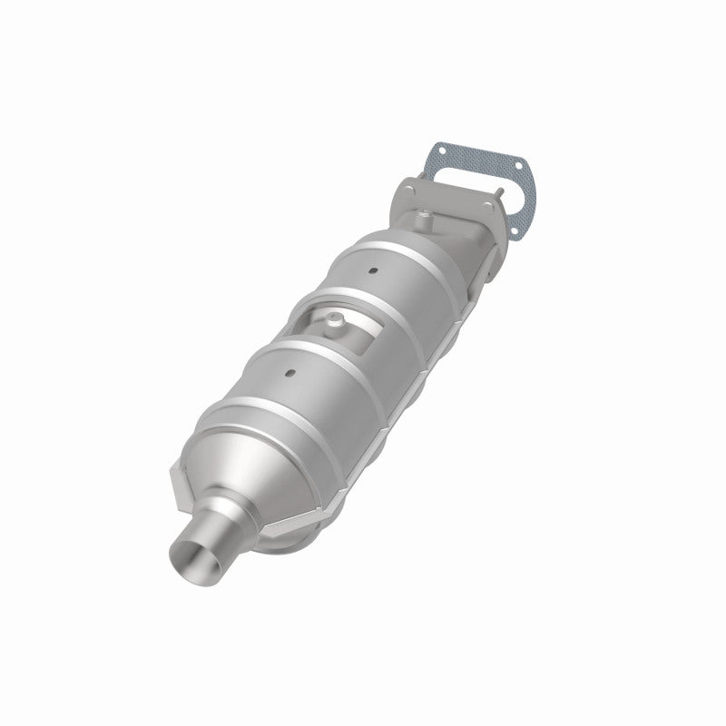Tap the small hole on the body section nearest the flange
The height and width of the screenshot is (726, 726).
click(373, 271)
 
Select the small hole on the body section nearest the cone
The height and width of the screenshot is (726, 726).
click(289, 372)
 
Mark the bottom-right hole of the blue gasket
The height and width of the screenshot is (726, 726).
click(515, 231)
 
